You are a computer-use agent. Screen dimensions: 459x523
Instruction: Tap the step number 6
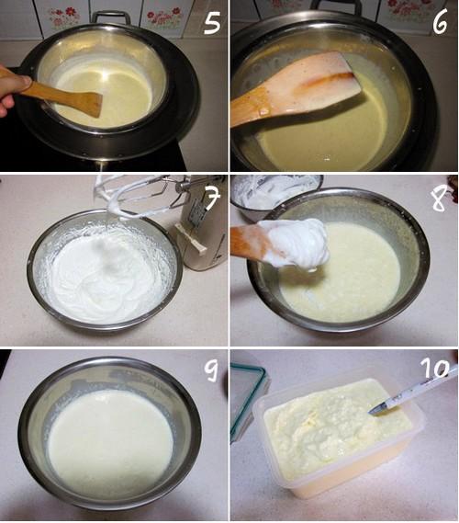tap(441, 22)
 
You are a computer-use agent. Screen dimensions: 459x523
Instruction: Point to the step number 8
tap(440, 199)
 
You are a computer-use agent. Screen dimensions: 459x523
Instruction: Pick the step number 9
tap(211, 370)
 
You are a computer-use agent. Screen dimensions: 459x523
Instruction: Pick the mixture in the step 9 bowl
tap(110, 439)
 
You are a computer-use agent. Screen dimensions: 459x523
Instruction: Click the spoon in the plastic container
tap(413, 391)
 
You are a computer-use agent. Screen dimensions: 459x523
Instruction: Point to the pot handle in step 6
tap(336, 6)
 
